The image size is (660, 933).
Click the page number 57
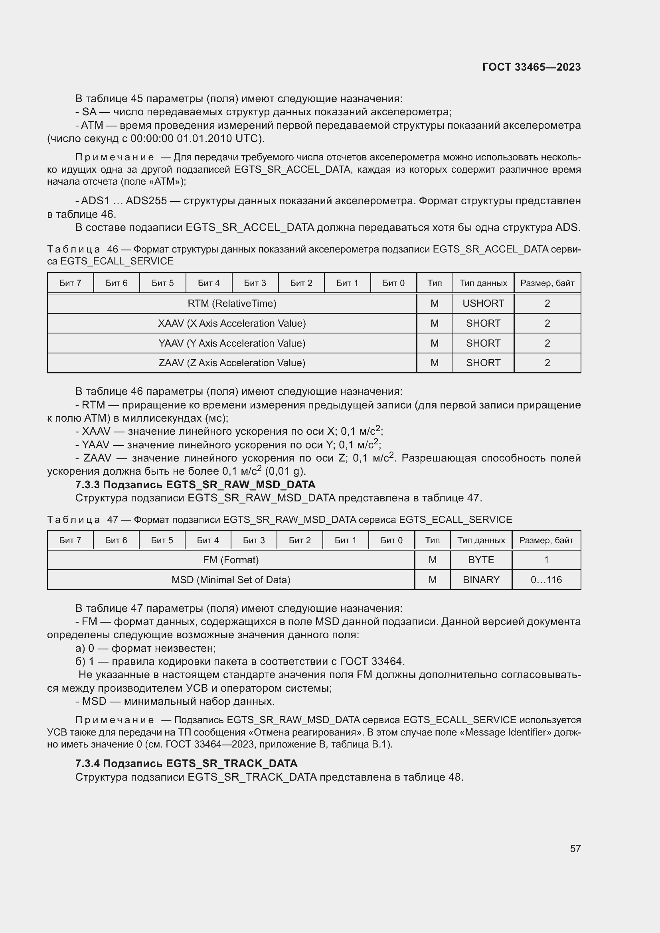pos(575,848)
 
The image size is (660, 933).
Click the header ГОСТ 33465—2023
pos(532,67)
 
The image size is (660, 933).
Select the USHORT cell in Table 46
pos(483,304)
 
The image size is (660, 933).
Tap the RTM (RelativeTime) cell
pos(232,304)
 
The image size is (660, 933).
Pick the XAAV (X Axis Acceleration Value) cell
pos(232,323)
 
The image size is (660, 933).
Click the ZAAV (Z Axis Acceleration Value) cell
pos(232,363)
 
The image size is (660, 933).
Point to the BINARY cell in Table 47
pos(481,580)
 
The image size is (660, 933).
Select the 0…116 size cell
pos(546,580)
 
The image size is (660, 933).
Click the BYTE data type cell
pos(481,560)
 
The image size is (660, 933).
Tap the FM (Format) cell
pos(231,560)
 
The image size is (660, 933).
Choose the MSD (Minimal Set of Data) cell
pos(231,580)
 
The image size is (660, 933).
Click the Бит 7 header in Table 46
pos(70,283)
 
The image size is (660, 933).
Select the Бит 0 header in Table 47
pos(391,540)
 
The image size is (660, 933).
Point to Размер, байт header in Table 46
pos(547,283)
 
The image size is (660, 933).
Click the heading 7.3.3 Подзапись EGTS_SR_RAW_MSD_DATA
pos(195,485)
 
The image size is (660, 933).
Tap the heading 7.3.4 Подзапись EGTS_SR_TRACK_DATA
pos(186,763)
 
